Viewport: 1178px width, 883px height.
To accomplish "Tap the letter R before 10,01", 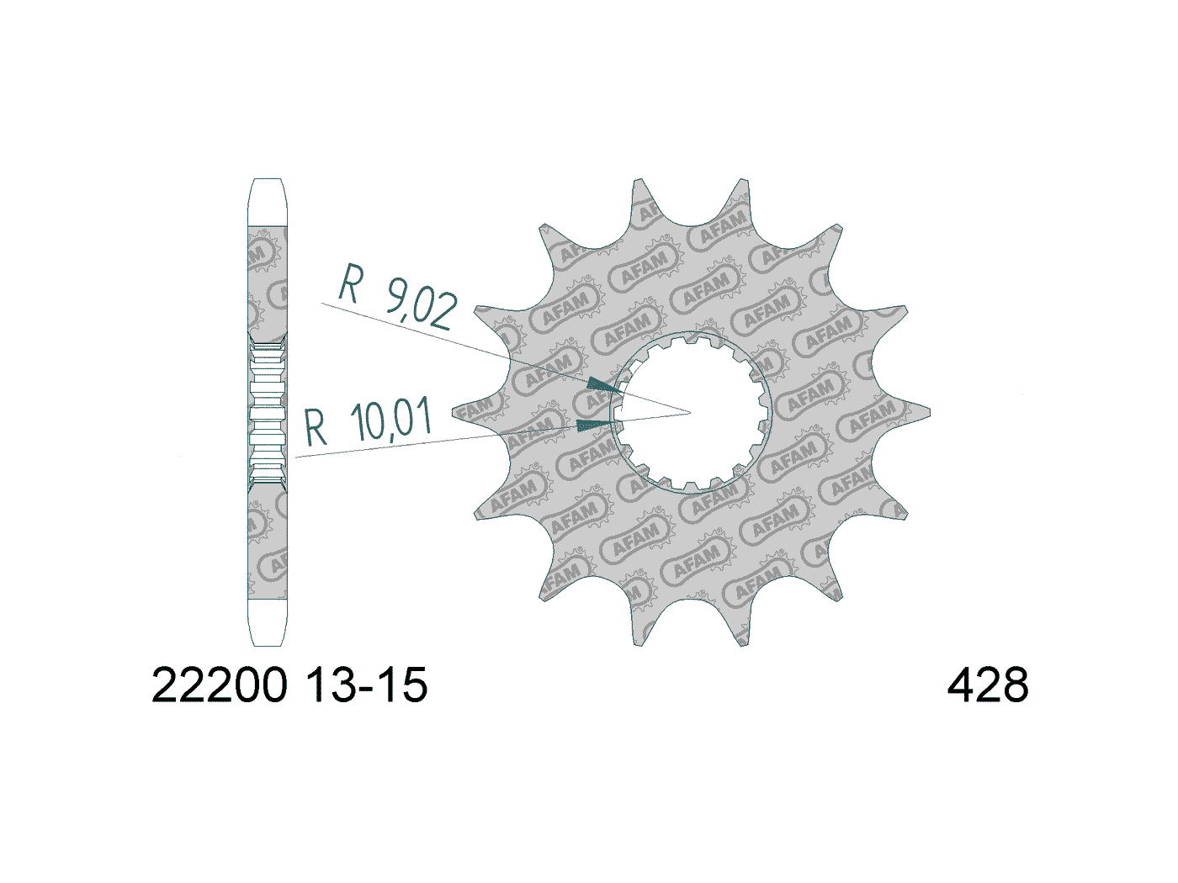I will pyautogui.click(x=316, y=428).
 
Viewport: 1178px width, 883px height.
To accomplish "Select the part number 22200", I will pyautogui.click(x=219, y=685).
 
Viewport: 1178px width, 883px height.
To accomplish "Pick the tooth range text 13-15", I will pyautogui.click(x=368, y=685).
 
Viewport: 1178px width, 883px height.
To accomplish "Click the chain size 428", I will pyautogui.click(x=987, y=685).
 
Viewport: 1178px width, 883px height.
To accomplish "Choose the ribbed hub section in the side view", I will pyautogui.click(x=268, y=412).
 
